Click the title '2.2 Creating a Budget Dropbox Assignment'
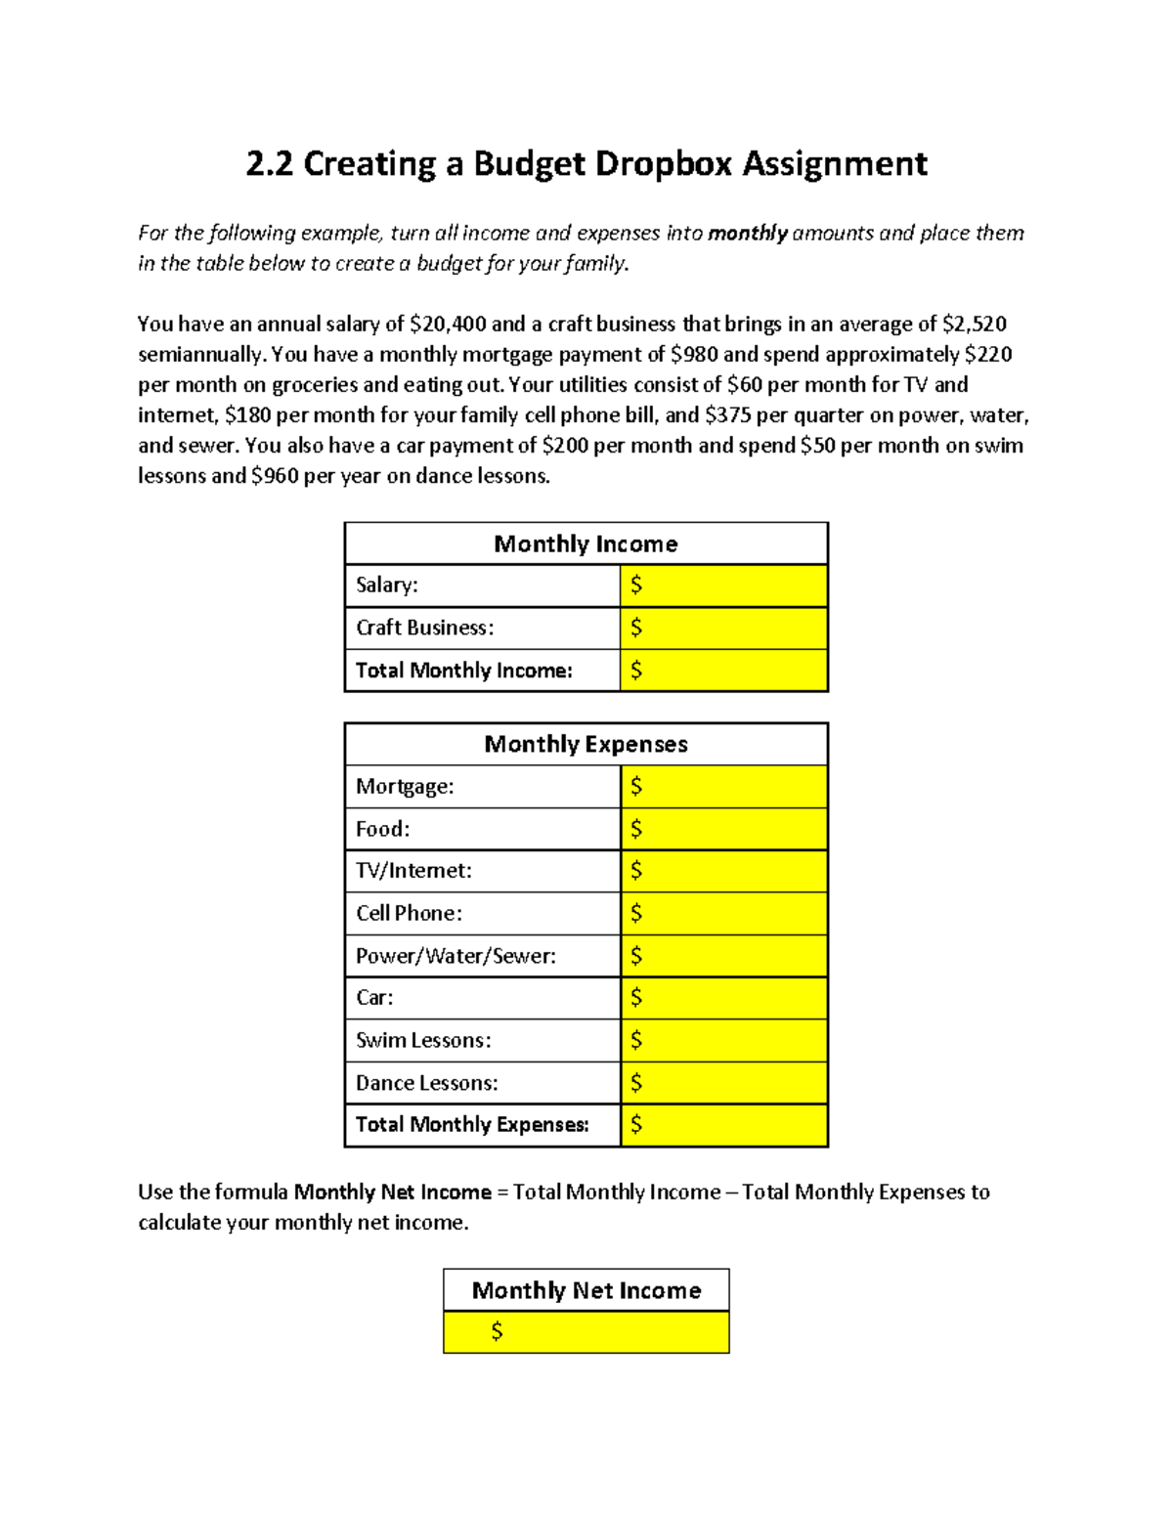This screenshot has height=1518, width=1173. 586,163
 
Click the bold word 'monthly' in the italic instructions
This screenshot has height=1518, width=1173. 747,233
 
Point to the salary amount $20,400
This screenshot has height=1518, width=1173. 448,324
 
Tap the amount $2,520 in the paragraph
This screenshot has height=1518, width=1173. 974,324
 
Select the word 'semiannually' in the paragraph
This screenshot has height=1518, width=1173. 199,354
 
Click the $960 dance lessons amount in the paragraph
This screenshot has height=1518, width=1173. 274,476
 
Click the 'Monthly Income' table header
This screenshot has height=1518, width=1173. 586,543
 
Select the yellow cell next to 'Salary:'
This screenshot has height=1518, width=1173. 723,586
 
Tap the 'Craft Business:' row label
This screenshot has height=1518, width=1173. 424,628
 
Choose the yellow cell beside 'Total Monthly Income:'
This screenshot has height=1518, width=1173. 723,671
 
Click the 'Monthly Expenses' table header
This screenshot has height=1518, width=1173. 586,744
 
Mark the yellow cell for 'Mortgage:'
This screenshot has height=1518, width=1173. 723,787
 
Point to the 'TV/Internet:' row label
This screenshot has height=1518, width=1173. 413,871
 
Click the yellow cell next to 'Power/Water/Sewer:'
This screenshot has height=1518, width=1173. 723,956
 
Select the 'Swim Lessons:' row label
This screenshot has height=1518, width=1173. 423,1040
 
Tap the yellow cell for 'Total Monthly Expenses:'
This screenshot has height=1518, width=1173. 723,1125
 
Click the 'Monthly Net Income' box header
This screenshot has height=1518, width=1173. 586,1290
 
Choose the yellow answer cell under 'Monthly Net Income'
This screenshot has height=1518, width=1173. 586,1332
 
